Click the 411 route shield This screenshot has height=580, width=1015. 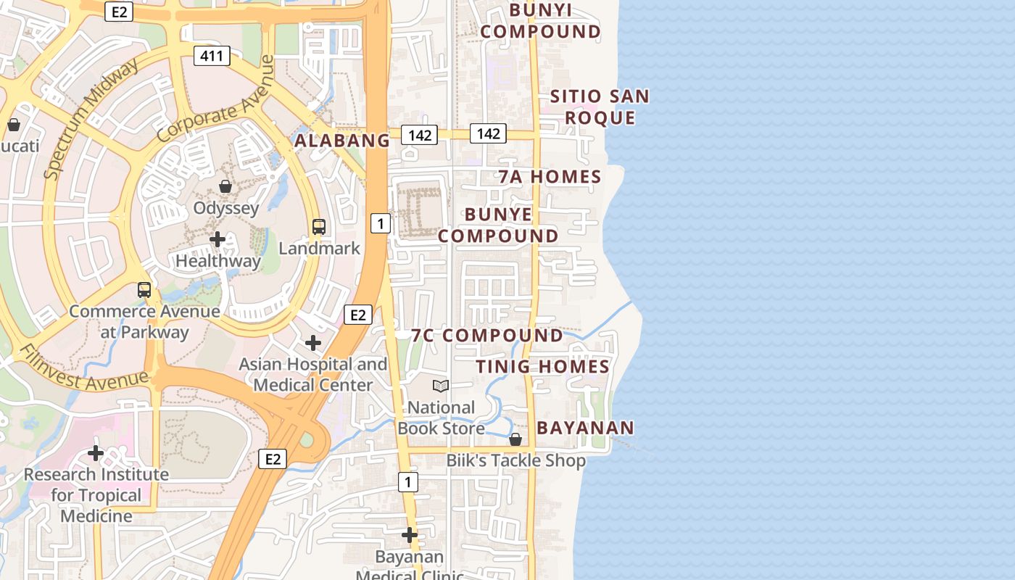tap(212, 56)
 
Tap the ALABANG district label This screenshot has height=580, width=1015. tap(342, 141)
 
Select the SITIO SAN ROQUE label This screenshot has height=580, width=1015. tap(600, 107)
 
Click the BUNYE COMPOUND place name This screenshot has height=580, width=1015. tap(498, 225)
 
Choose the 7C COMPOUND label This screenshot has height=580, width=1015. tap(486, 336)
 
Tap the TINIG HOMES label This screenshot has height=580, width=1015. tap(542, 367)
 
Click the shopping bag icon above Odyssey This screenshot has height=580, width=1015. tap(225, 187)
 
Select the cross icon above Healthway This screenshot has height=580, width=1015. tap(217, 239)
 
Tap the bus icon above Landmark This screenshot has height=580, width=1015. tap(319, 226)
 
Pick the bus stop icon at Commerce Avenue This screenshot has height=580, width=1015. tap(144, 290)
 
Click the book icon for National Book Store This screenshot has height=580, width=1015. tap(441, 386)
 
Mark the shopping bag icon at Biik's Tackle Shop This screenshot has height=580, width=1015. tap(515, 439)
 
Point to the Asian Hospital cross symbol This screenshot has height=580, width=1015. tap(313, 342)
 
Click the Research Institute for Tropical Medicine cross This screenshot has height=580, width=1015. tap(95, 453)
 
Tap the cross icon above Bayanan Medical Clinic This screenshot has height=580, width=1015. tap(410, 535)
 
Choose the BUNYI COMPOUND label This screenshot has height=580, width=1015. tap(541, 20)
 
